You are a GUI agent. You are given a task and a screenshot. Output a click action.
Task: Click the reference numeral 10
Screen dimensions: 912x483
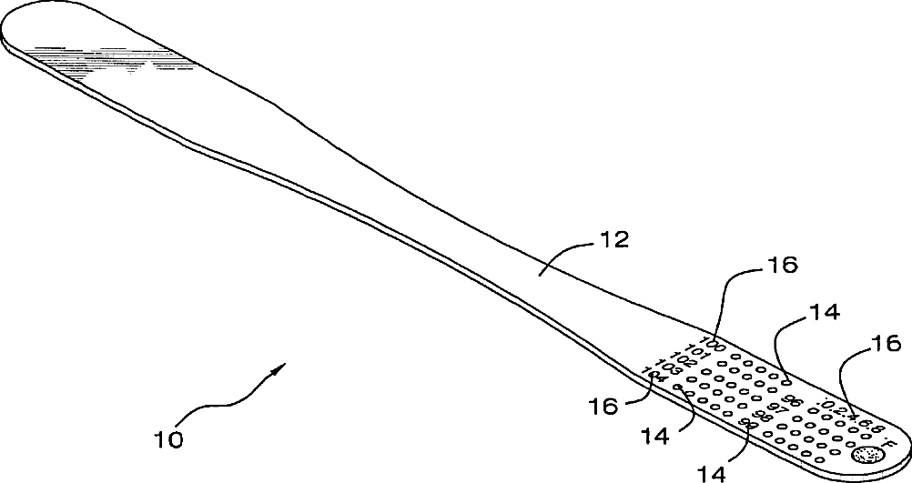pos(168,439)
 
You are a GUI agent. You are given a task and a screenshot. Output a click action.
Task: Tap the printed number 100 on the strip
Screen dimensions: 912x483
pos(714,344)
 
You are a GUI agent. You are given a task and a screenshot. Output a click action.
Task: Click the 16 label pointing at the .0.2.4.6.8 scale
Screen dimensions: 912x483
pos(887,343)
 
